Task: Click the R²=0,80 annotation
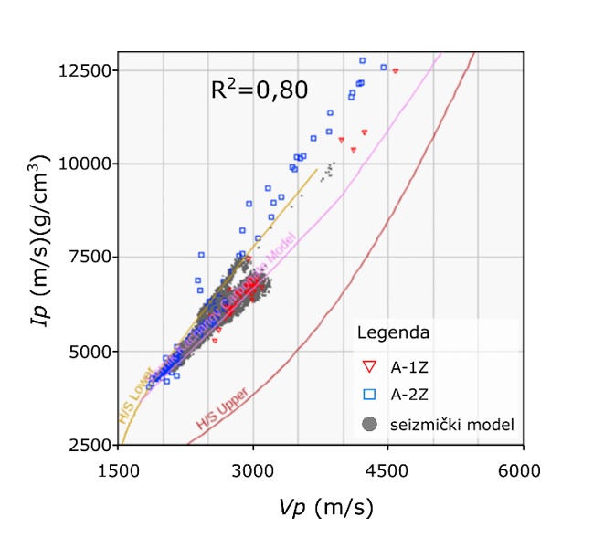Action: coord(259,89)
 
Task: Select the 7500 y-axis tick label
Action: coord(89,258)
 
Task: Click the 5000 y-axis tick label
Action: coord(89,352)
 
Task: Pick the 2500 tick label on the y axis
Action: coord(89,445)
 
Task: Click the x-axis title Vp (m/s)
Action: coord(321,505)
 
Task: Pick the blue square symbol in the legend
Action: coord(369,395)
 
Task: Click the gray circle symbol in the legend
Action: coord(369,424)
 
